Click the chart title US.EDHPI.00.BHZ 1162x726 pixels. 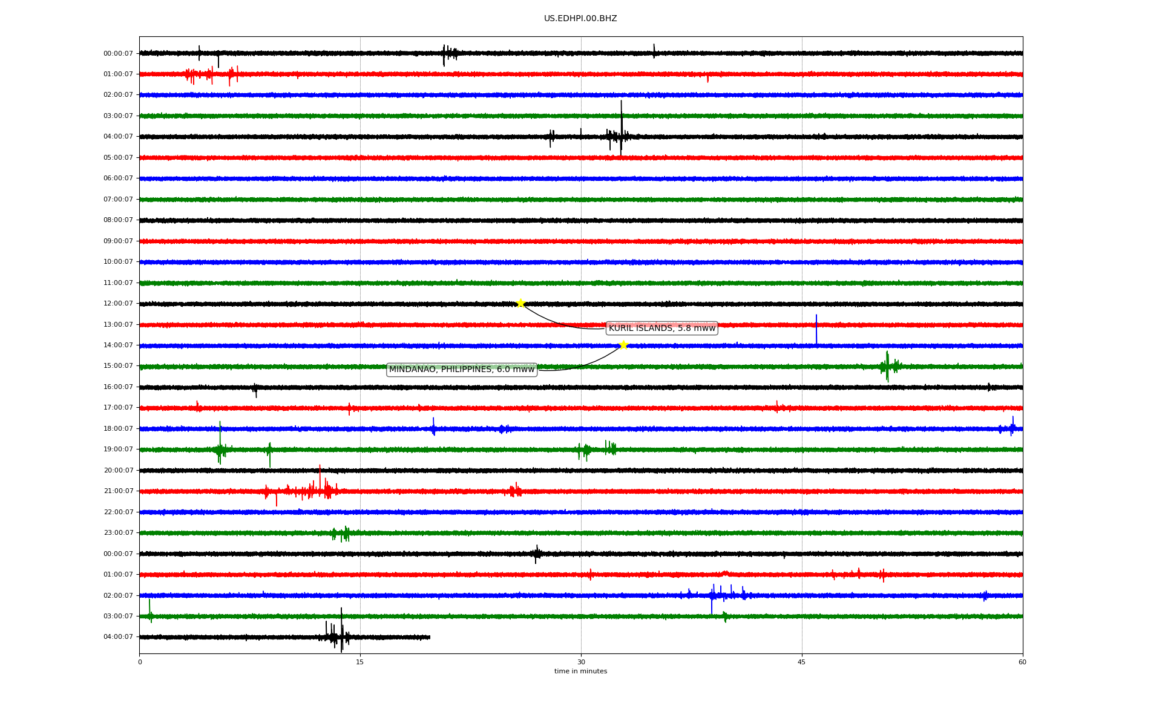tap(580, 19)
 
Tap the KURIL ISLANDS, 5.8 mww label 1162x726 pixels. tap(662, 329)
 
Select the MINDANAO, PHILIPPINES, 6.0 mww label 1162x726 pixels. tap(462, 370)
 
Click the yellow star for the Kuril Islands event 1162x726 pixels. tap(520, 303)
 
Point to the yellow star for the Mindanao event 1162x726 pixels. tap(623, 345)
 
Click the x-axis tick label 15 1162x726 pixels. tap(360, 662)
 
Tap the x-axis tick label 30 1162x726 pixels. tap(581, 662)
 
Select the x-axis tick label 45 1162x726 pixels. tap(802, 662)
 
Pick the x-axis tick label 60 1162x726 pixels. tap(1022, 662)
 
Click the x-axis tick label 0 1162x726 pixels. tap(140, 662)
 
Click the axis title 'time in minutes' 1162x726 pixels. tap(580, 672)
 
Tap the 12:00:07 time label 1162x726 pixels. tap(118, 304)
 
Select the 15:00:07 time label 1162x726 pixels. tap(118, 366)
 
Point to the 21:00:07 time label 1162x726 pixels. tap(118, 491)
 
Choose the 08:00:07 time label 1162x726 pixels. tap(118, 220)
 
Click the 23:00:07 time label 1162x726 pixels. tap(118, 533)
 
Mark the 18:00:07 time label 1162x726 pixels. tap(118, 429)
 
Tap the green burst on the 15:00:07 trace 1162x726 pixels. tap(888, 366)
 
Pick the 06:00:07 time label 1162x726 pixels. tap(118, 178)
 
